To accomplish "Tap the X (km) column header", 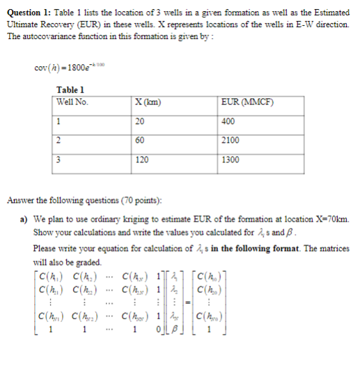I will (148, 102).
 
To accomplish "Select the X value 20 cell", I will (141, 121).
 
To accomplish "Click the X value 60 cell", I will (141, 140).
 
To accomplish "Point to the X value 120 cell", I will (142, 159).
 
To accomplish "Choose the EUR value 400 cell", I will (227, 121).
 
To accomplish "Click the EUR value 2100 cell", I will (229, 140).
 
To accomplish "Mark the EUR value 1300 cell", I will (229, 159).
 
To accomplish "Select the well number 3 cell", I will (60, 159).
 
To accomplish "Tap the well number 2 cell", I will (60, 140).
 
